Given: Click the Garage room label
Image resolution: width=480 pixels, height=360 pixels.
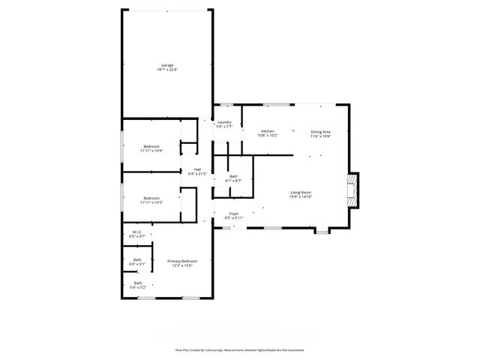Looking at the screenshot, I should click(x=166, y=65).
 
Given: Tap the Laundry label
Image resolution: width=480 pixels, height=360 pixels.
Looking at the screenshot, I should click(x=223, y=122).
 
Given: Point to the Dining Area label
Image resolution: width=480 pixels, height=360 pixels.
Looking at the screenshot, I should click(x=321, y=131).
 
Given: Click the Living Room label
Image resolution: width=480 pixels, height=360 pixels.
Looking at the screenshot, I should click(x=301, y=192).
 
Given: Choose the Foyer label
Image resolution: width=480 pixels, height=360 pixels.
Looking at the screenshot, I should click(x=234, y=214).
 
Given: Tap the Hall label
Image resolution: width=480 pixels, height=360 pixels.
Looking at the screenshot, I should click(x=197, y=169).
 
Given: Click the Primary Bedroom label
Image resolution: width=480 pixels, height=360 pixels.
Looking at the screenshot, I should click(x=182, y=261).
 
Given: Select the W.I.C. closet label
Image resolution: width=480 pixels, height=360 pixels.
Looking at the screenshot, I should click(x=137, y=232).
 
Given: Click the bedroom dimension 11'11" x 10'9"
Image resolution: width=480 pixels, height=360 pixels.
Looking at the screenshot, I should click(x=151, y=151).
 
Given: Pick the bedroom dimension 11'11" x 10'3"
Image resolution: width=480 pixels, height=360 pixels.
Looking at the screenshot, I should click(x=151, y=202).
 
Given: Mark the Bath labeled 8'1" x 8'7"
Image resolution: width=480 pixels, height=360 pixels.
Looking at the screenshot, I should click(x=233, y=177).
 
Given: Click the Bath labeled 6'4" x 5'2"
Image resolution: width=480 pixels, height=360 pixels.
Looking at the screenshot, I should click(x=137, y=284).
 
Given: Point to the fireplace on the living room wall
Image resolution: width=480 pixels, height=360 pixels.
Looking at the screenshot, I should click(x=352, y=191).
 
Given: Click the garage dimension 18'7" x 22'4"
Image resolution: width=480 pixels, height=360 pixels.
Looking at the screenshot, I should click(x=166, y=69).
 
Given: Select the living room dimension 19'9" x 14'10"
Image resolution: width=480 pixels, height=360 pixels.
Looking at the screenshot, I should click(x=301, y=196).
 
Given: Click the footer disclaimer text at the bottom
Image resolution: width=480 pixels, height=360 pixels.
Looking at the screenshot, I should click(x=239, y=349).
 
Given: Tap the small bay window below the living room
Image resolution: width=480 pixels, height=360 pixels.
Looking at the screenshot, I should click(x=321, y=232).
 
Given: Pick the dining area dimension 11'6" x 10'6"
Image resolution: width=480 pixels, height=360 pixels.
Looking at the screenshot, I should click(x=321, y=136).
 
